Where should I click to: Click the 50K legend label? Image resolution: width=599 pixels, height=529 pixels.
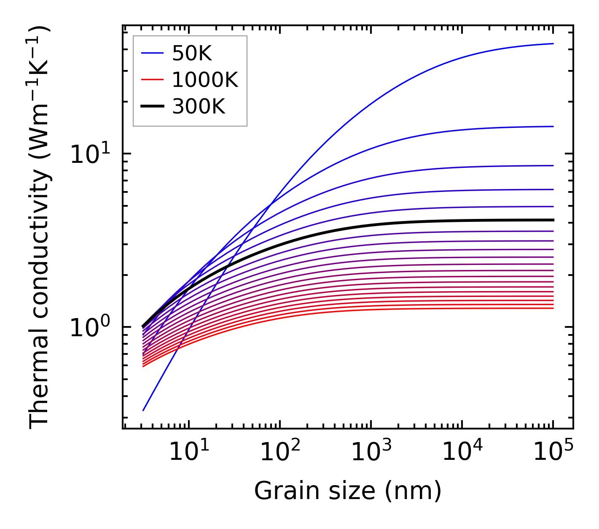coord(192,53)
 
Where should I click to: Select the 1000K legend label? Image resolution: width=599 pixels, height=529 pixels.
coord(205,80)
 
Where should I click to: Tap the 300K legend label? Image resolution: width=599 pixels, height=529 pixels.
coord(199,107)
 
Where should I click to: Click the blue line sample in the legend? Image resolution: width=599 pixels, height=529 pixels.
coord(152,53)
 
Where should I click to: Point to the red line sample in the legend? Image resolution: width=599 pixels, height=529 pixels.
coord(152,80)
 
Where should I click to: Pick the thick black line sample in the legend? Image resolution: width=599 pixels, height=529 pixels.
coord(152,107)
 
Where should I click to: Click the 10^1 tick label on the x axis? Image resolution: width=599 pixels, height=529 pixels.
coord(188,452)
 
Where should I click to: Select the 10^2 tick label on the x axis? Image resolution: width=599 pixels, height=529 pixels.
coord(280,452)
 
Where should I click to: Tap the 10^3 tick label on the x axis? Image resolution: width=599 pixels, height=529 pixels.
coord(371,452)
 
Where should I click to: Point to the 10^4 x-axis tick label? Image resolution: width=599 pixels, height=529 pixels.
coord(462,452)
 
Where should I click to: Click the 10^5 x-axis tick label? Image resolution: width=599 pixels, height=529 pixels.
coord(553,452)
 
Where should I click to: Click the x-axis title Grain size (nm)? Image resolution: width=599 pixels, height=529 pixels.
coord(348,491)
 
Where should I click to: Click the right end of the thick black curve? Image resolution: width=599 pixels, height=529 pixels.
coord(553,220)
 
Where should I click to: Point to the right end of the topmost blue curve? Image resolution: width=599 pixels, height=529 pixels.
coord(553,43)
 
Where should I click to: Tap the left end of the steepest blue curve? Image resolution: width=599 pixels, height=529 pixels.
coord(143,410)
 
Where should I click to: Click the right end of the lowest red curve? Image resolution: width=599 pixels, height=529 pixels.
coord(553,308)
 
